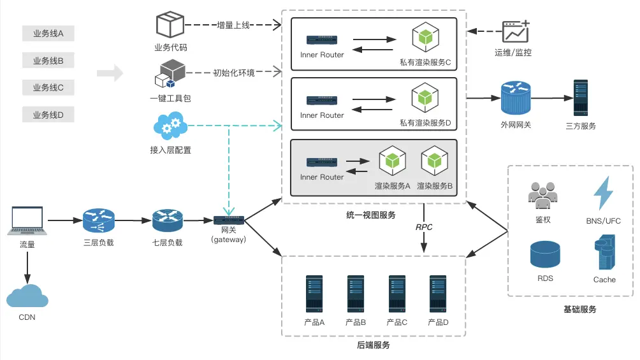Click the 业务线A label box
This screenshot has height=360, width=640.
click(x=48, y=33)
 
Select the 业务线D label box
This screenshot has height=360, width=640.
click(x=48, y=115)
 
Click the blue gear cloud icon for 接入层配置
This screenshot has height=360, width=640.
click(x=170, y=126)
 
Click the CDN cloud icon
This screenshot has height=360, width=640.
click(x=27, y=296)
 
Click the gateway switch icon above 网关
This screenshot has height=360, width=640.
click(x=229, y=220)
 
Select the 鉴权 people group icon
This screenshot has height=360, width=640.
click(x=542, y=195)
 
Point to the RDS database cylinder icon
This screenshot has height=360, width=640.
click(x=544, y=255)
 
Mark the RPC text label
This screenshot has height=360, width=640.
click(x=424, y=227)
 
